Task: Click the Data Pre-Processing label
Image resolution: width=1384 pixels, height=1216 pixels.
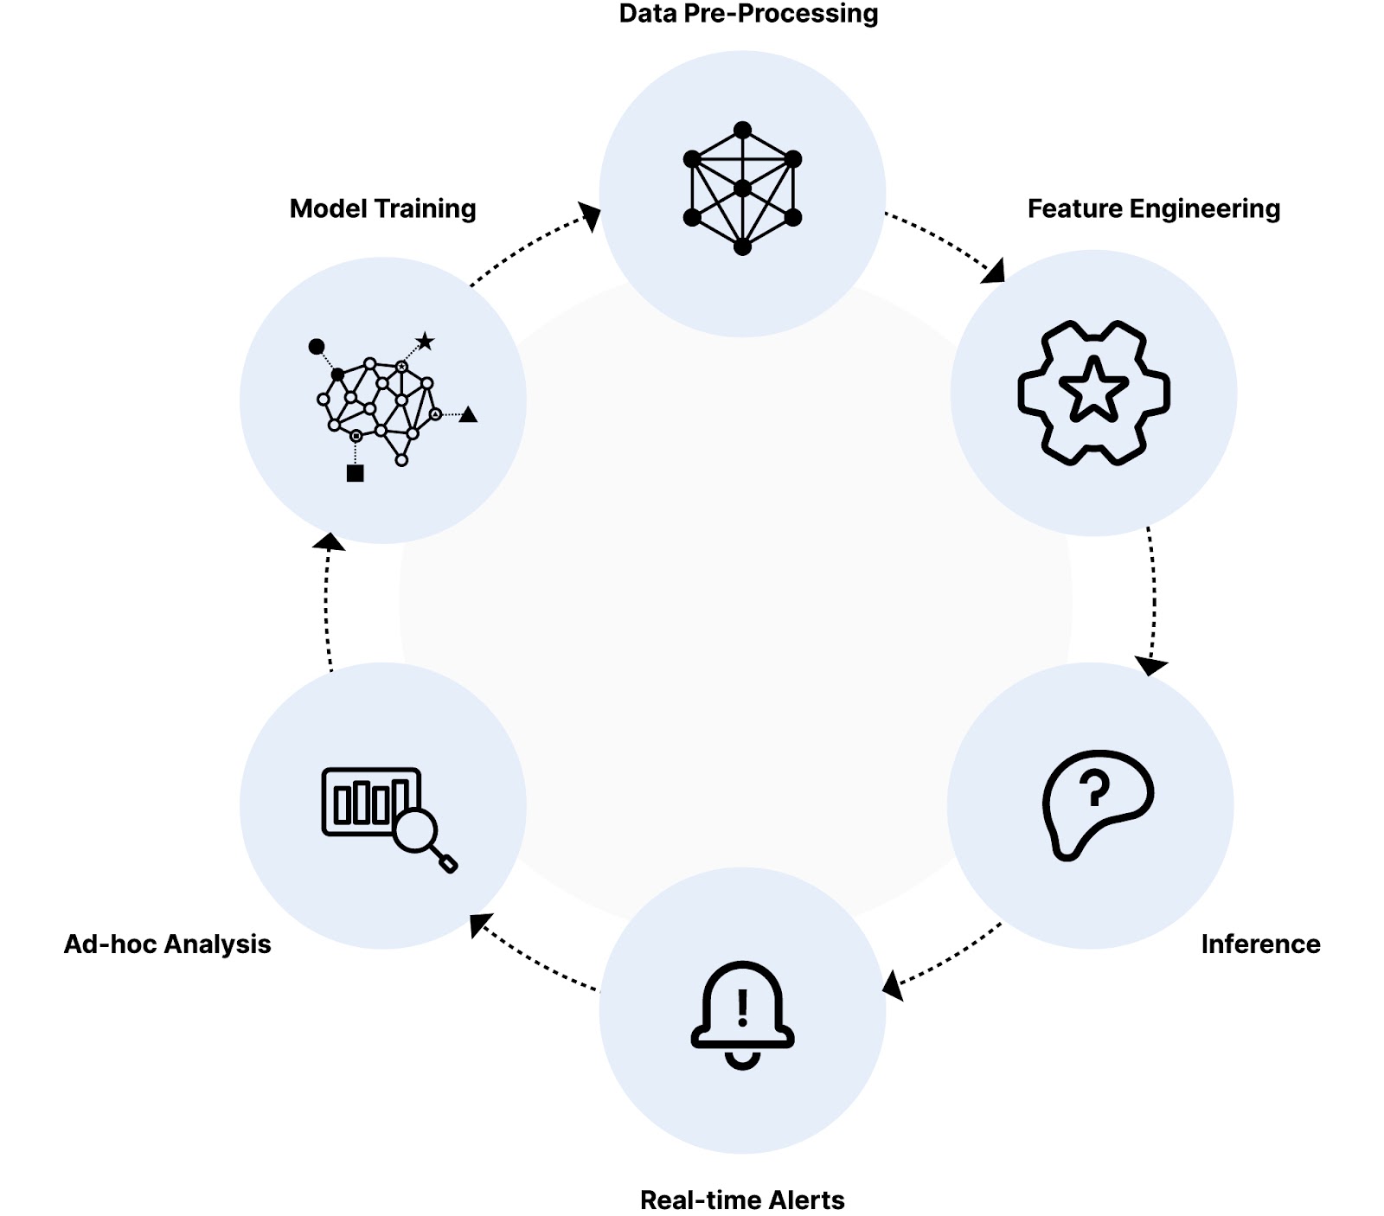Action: pos(748,14)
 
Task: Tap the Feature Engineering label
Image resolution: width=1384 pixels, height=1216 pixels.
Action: pos(1153,208)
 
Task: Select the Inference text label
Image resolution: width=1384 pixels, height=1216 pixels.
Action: pos(1260,944)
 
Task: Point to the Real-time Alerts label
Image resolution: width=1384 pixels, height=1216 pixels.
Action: pos(742,1200)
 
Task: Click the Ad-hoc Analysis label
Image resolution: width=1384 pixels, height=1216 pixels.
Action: pos(168,944)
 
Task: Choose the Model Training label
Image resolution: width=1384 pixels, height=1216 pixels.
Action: pos(382,208)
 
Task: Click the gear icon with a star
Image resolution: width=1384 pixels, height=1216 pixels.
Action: pos(1093,393)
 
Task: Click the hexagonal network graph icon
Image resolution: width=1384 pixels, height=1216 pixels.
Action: pos(742,189)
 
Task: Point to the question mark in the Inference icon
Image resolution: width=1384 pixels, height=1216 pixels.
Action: pos(1094,788)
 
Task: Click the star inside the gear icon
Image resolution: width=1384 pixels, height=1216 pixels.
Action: pos(1093,390)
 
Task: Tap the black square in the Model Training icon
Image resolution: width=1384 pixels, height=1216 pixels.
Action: pos(355,473)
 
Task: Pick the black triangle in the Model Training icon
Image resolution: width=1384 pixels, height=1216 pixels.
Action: pos(468,415)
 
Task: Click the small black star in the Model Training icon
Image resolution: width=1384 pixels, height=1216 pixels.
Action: pos(425,341)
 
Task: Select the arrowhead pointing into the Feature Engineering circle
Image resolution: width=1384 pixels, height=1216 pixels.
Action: pos(995,272)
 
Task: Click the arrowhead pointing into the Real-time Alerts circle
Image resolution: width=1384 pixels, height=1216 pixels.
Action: pos(892,985)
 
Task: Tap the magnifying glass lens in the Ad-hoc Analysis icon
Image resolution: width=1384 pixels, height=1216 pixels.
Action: pos(415,830)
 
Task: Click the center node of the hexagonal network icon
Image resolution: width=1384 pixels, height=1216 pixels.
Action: pos(742,189)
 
